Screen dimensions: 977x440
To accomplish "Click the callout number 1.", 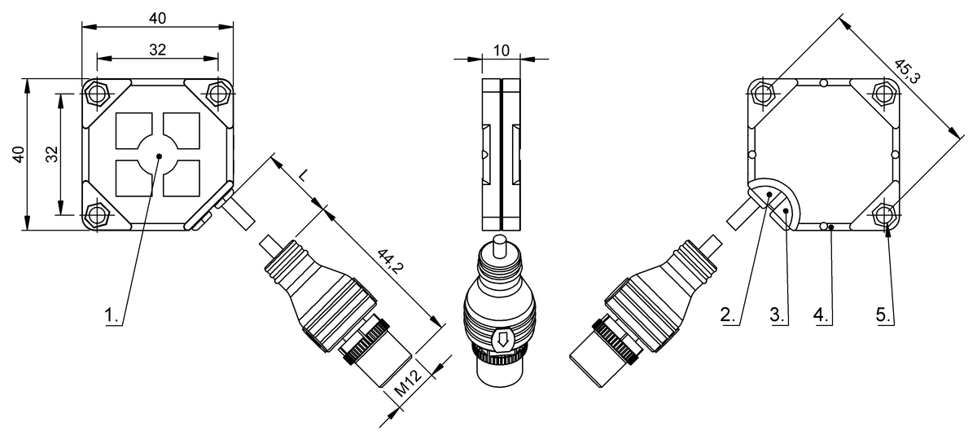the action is pyautogui.click(x=111, y=315).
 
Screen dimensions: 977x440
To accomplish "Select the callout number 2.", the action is pyautogui.click(x=728, y=315).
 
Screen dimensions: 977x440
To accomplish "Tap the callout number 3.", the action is pyautogui.click(x=778, y=315).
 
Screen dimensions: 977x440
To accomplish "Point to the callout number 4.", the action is pyautogui.click(x=821, y=315).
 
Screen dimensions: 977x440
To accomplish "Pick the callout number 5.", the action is pyautogui.click(x=883, y=315).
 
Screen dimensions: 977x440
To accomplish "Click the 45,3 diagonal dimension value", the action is pyautogui.click(x=907, y=72).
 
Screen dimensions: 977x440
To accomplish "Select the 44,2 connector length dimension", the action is pyautogui.click(x=390, y=261).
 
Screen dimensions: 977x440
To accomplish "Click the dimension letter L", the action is pyautogui.click(x=303, y=175).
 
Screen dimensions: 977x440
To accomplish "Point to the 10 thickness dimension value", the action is pyautogui.click(x=502, y=51).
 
